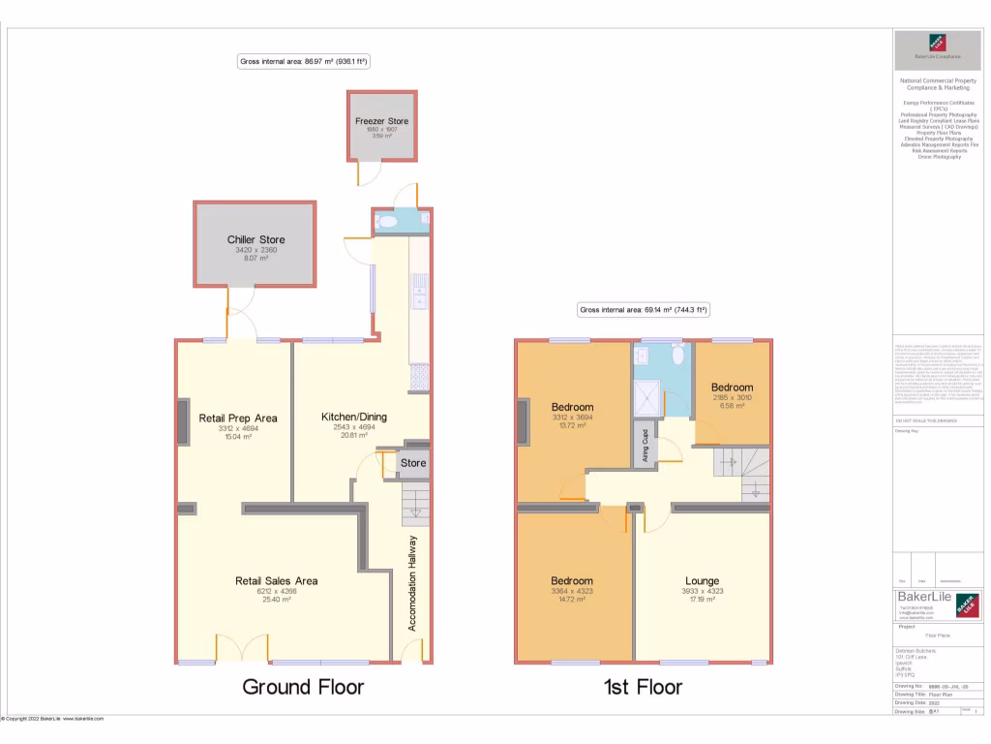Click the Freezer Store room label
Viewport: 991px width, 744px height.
381,121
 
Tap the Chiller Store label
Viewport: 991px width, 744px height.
255,240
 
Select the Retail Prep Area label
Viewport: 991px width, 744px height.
238,418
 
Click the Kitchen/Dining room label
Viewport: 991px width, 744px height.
353,418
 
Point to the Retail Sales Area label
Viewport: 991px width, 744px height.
276,581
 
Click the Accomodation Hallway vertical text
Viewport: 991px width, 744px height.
412,583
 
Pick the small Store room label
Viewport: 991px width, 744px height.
413,463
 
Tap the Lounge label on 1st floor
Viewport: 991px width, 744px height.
702,581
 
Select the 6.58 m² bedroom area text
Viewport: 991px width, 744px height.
731,406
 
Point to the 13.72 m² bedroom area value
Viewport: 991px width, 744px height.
571,425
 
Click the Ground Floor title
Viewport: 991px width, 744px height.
303,687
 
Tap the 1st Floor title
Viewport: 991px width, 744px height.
643,687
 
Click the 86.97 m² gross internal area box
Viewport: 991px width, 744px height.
305,62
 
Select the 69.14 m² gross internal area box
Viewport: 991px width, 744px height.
644,311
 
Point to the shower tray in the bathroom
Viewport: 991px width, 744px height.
646,393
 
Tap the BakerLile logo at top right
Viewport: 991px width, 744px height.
936,45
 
